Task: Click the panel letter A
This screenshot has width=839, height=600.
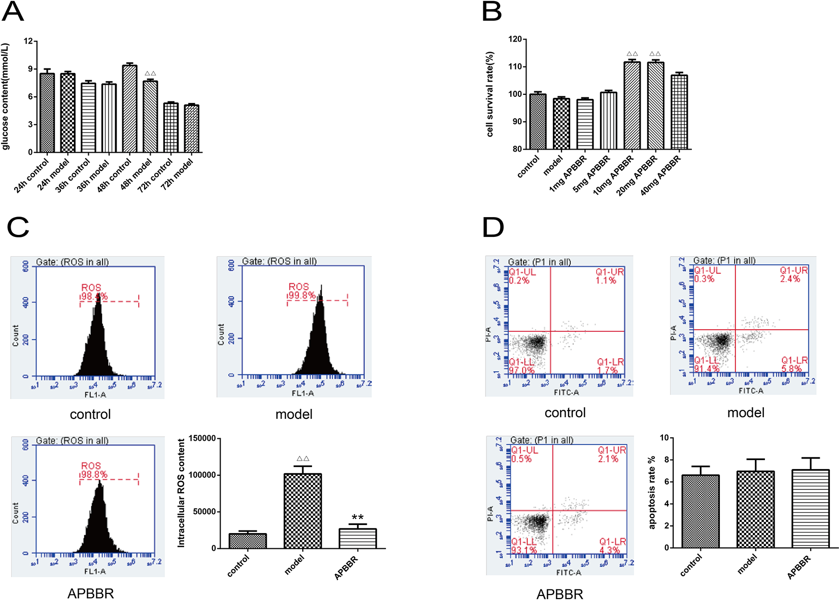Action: click(13, 12)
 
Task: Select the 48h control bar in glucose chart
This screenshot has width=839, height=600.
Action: click(129, 109)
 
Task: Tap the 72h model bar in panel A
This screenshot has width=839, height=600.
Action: click(191, 129)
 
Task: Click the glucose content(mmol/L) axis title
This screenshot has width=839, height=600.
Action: click(6, 96)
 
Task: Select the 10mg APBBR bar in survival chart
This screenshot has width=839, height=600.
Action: click(632, 105)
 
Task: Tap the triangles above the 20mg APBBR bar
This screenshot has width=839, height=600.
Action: click(655, 54)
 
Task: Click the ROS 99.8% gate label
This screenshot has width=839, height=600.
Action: click(301, 291)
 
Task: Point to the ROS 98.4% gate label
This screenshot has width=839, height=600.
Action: click(94, 292)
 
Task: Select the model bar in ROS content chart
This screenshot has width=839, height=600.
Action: click(302, 511)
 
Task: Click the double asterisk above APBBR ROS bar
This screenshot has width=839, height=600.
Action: click(358, 518)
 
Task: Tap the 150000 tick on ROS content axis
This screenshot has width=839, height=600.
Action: click(202, 438)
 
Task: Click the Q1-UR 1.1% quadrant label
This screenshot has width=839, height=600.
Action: click(609, 276)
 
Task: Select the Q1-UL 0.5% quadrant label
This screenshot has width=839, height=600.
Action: click(524, 454)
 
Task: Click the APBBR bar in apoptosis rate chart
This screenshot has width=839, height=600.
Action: click(810, 509)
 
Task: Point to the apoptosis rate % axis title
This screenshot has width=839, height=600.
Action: click(652, 492)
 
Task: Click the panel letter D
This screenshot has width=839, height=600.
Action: click(493, 227)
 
